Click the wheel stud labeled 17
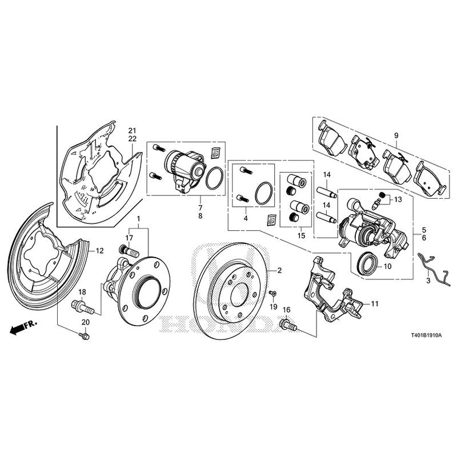pos(127,251)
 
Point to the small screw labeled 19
pos(273,294)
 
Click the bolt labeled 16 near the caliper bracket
pos(287,326)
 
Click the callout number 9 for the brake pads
pos(394,135)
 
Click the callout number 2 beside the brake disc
pos(280,269)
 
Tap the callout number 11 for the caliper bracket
pos(374,303)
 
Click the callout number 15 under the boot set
pos(301,235)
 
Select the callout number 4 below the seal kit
pos(246,218)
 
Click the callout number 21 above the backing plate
pos(132,130)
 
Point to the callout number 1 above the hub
pos(138,219)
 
